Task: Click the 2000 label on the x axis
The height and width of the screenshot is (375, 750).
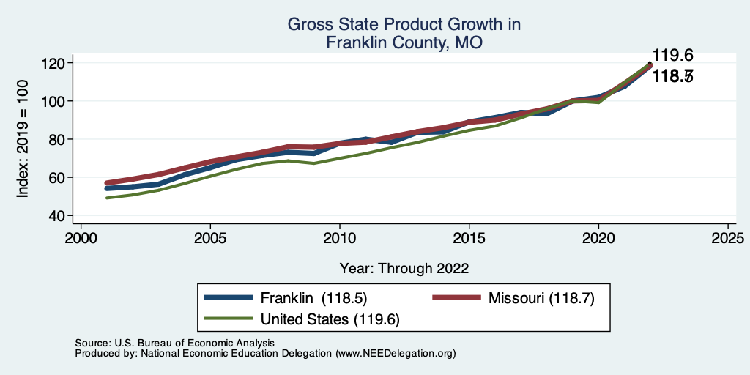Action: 81,238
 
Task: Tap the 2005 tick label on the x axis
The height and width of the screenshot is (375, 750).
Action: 210,238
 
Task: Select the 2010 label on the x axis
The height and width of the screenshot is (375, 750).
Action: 339,238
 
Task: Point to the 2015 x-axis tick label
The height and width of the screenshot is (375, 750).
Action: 469,238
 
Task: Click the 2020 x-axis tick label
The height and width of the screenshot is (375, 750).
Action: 598,238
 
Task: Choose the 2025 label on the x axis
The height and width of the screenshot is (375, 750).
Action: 727,238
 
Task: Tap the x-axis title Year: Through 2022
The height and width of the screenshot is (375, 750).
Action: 404,268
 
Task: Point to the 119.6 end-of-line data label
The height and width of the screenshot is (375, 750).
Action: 672,56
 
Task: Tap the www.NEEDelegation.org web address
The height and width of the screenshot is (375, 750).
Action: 396,353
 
